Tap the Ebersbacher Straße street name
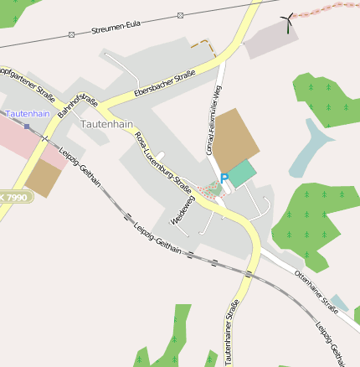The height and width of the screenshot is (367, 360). [164, 85]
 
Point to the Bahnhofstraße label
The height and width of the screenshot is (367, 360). [78, 114]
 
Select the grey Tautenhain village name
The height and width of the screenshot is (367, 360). [106, 123]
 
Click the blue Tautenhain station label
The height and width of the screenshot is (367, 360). [27, 112]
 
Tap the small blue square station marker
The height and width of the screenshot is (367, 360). [27, 127]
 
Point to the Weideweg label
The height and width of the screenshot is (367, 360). [182, 209]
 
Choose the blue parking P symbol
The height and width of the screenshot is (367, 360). [224, 176]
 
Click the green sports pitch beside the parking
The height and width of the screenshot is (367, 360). [240, 174]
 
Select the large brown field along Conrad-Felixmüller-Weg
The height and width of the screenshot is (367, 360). [235, 139]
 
